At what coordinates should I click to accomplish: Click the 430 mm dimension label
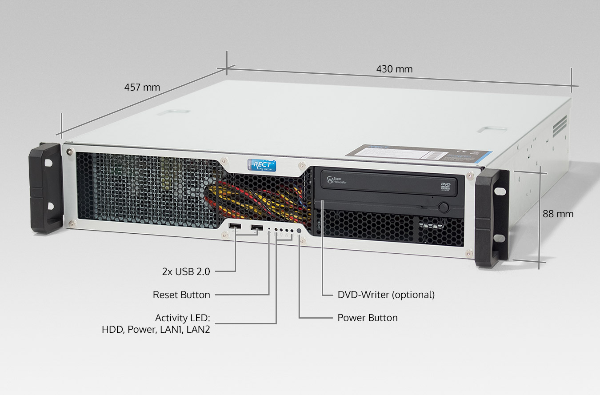pyautogui.click(x=394, y=69)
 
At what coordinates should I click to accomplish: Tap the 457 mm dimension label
pyautogui.click(x=142, y=87)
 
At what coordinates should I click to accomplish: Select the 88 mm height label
pyautogui.click(x=558, y=214)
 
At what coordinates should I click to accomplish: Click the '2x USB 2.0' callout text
pyautogui.click(x=186, y=271)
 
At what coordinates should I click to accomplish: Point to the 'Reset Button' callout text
pyautogui.click(x=181, y=295)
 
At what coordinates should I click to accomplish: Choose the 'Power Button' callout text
pyautogui.click(x=368, y=318)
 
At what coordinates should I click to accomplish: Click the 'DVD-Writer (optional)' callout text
pyautogui.click(x=386, y=295)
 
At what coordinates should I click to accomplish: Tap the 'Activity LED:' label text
pyautogui.click(x=182, y=318)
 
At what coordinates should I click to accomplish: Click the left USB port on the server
pyautogui.click(x=234, y=228)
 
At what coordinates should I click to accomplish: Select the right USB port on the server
pyautogui.click(x=256, y=228)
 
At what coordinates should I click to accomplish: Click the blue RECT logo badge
pyautogui.click(x=262, y=164)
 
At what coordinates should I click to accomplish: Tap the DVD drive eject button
pyautogui.click(x=443, y=207)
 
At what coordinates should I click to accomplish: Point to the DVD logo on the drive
pyautogui.click(x=446, y=186)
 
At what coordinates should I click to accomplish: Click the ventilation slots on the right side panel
pyautogui.click(x=560, y=126)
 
